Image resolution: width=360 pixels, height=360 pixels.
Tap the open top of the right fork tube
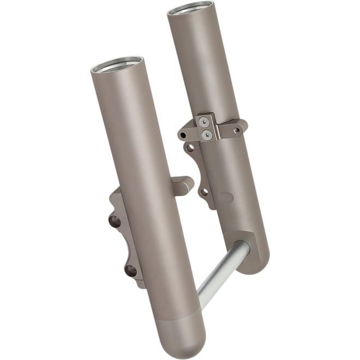[x=193, y=8]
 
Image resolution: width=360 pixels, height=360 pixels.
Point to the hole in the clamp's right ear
[x=236, y=130]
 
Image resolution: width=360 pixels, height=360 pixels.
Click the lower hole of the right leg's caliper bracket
[x=203, y=191]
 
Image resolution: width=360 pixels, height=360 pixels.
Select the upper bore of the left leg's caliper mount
[x=115, y=220]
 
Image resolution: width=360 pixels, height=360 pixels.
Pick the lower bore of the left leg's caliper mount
[x=130, y=269]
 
